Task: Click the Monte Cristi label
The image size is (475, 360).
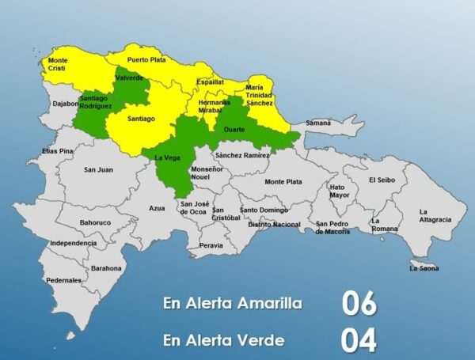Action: tap(58, 64)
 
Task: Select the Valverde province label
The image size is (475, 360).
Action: tap(128, 78)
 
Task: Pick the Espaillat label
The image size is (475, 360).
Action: tap(210, 81)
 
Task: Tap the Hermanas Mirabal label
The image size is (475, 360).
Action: tap(215, 106)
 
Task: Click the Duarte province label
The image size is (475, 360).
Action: tap(234, 129)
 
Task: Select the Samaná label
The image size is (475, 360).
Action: tap(318, 123)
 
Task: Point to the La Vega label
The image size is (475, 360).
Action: tap(165, 157)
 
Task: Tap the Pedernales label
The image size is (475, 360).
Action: tap(63, 280)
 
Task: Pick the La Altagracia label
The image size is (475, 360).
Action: tap(435, 215)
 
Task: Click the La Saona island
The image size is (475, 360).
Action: tap(424, 265)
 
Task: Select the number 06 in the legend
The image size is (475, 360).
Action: tap(359, 304)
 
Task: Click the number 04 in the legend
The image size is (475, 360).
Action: tap(359, 340)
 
